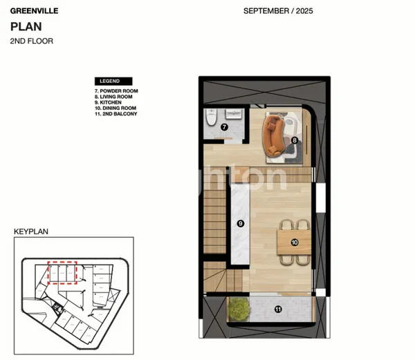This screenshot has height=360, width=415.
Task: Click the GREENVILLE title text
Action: click(x=33, y=11)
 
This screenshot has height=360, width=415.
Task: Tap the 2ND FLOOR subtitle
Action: click(x=31, y=41)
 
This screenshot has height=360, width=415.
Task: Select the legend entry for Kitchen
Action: click(x=110, y=102)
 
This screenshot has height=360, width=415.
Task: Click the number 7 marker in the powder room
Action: click(x=224, y=128)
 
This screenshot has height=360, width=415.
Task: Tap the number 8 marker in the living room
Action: click(x=295, y=140)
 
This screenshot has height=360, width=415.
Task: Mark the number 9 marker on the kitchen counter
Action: click(x=240, y=223)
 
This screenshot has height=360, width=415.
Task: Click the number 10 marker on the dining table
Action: click(x=295, y=242)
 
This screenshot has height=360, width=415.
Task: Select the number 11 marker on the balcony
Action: click(x=278, y=309)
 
